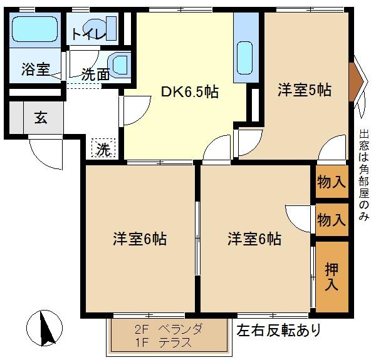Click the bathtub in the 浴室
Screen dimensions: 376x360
35,29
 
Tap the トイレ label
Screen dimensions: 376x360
89,34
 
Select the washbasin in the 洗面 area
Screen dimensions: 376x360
118,64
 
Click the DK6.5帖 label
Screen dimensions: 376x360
189,92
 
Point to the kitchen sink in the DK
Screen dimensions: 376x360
244,58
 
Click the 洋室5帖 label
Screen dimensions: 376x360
305,90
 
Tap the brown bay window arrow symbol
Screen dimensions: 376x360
356,82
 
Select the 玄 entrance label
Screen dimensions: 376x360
41,117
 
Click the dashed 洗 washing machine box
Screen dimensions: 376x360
103,148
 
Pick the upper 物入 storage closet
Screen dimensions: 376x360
332,182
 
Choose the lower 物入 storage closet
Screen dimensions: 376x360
332,219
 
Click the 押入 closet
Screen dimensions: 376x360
332,277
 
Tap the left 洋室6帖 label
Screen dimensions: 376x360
140,239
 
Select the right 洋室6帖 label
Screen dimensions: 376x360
254,239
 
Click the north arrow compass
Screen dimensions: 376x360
44,327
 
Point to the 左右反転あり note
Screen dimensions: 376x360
279,330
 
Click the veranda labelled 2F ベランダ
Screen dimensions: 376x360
169,337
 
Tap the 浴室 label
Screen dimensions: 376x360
36,69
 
